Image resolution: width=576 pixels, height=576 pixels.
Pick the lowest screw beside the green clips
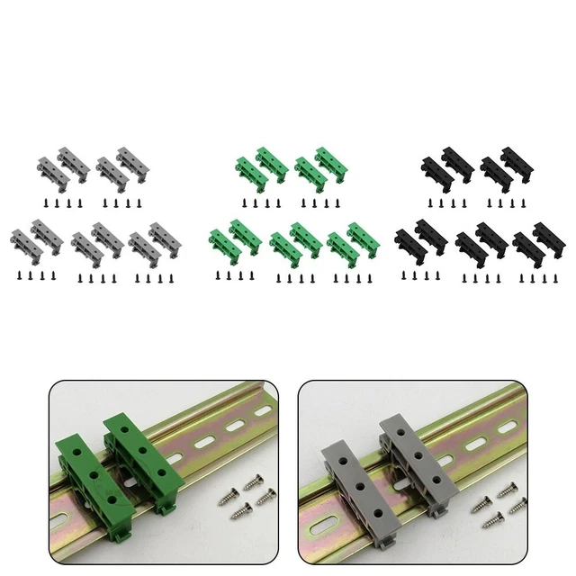point(242,513)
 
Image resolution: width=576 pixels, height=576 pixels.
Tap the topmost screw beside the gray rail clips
point(507,489)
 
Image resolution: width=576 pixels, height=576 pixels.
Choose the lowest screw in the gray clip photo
point(493,519)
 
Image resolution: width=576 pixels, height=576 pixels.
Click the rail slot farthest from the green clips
point(262,410)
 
